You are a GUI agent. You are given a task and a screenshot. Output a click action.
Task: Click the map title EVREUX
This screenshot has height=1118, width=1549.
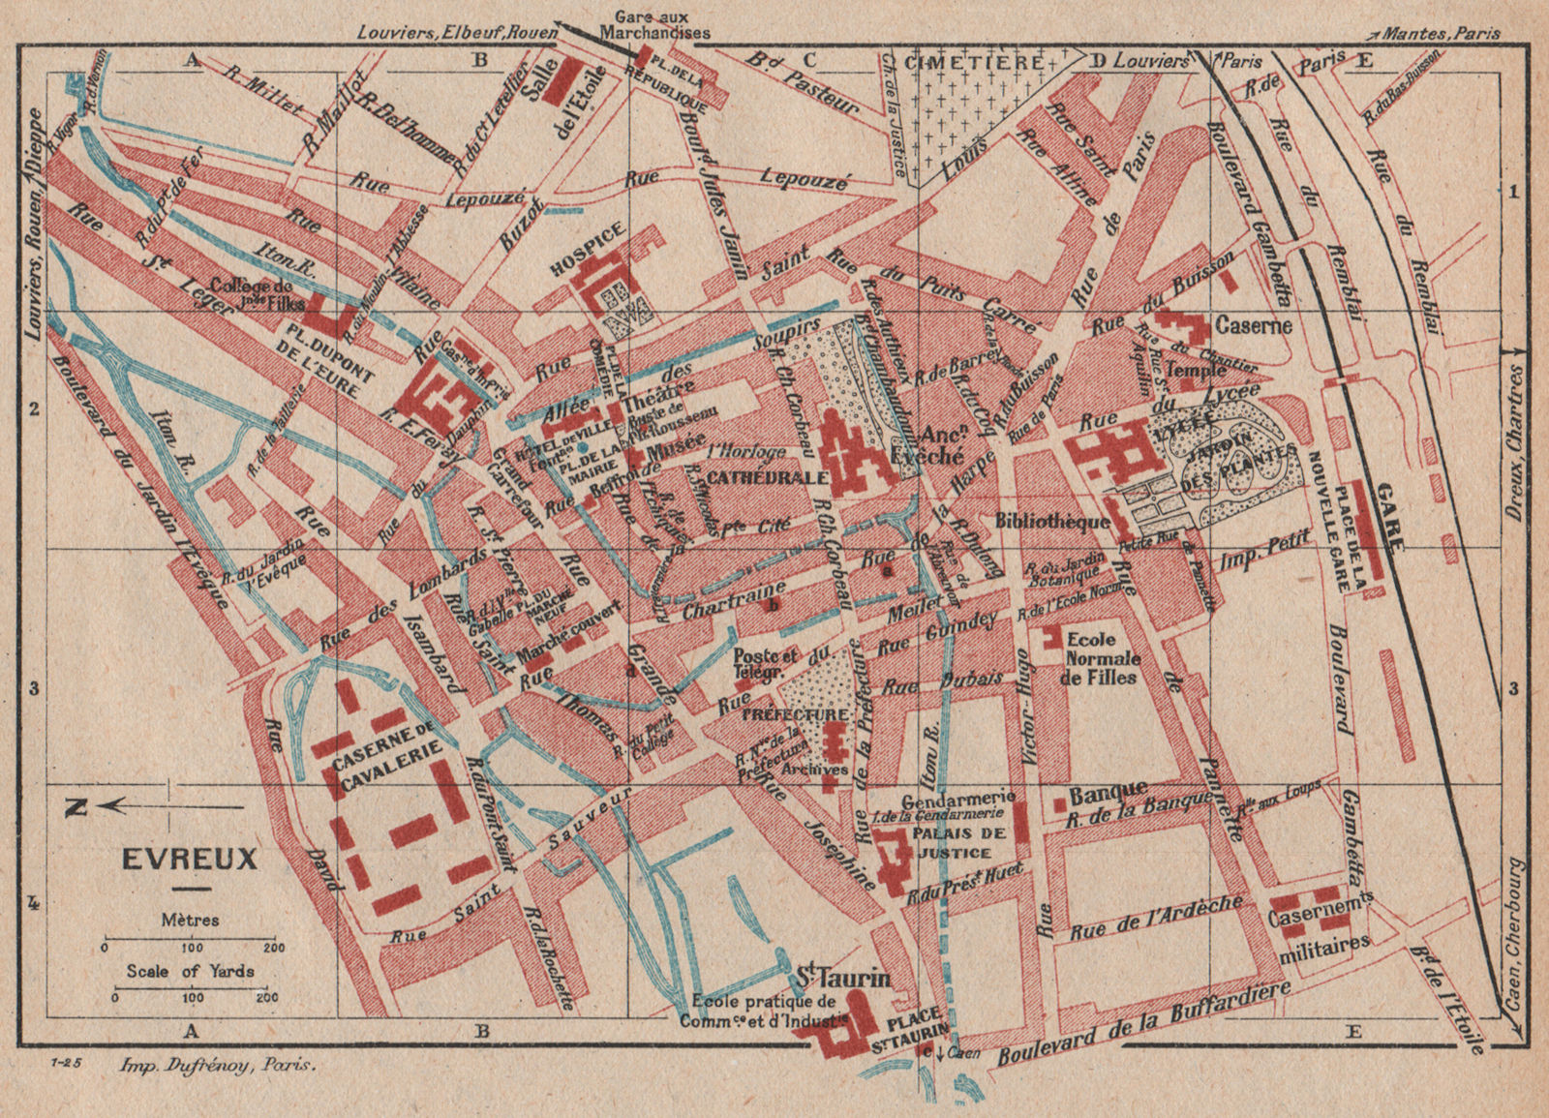tap(189, 859)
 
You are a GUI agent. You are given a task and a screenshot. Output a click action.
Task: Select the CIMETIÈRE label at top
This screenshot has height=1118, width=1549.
tap(974, 60)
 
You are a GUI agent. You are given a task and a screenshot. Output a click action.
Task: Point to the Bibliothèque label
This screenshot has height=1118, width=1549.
tap(1051, 521)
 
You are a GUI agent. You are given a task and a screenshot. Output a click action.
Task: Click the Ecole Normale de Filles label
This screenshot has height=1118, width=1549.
tap(1101, 659)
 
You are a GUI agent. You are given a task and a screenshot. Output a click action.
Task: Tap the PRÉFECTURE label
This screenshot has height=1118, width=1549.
tap(807, 715)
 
